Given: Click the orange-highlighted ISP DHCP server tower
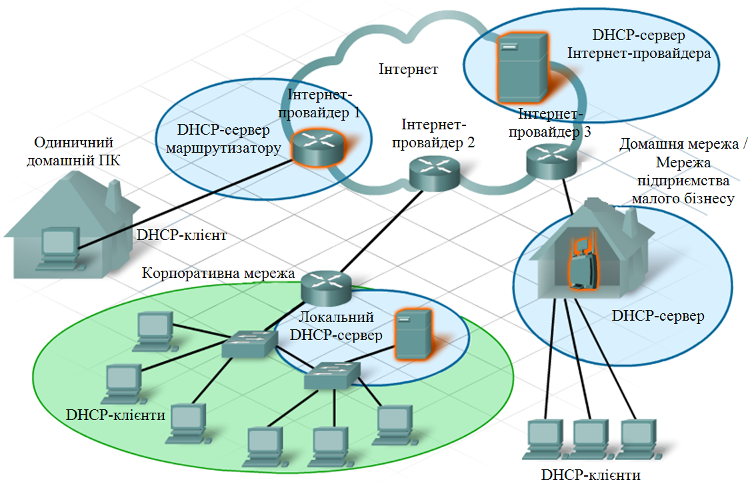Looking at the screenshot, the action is pos(522,68).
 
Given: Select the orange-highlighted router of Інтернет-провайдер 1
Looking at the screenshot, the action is pos(319,147).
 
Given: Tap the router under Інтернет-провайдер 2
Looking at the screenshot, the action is pos(435,173).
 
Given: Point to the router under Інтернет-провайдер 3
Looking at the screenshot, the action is pos(551,161).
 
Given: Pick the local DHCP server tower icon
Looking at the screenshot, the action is pos(413,334).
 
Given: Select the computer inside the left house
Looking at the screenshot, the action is pos(59,247).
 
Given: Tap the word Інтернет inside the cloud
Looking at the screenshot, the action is pos(408,69).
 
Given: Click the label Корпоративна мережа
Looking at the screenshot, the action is pos(218,273).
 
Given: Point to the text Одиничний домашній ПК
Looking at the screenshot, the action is pos(73,151).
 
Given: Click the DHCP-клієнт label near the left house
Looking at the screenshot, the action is pos(181,235).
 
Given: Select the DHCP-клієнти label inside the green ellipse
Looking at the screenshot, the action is pos(115,415).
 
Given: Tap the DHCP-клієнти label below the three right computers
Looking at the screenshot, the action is pos(591,475).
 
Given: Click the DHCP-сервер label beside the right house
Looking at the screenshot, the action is pos(658,315).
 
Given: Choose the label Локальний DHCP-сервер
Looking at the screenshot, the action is pos(336,326).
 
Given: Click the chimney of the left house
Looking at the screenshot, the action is pos(114,195).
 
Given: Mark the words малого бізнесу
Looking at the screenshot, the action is pos(683,198).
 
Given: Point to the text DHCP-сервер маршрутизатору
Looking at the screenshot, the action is pos(223,139).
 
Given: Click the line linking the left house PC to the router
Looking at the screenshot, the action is pos(185,205).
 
